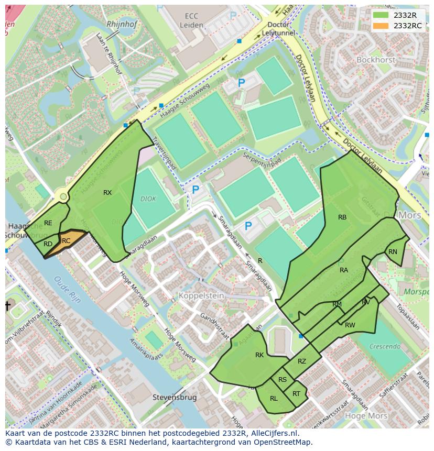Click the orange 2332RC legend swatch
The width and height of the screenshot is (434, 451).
click(382, 26)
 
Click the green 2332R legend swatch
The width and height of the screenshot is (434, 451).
click(382, 15)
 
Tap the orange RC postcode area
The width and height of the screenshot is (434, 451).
click(67, 240)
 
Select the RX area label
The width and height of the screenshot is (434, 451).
click(107, 193)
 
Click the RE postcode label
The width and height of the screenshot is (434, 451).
click(48, 223)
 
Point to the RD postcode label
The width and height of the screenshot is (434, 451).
click(48, 244)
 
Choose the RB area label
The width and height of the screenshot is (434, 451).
click(342, 217)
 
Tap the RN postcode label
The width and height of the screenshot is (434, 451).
click(393, 252)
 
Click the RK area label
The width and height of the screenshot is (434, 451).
click(259, 355)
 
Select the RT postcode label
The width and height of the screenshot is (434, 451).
click(297, 394)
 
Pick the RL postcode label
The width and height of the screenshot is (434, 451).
click(274, 399)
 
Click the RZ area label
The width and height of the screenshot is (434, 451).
click(302, 361)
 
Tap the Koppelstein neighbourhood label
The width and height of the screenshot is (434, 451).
click(201, 296)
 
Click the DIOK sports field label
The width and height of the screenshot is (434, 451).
click(148, 199)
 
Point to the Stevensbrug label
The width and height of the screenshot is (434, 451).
click(175, 398)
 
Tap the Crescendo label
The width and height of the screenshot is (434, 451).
click(384, 346)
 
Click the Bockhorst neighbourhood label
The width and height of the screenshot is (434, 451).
click(375, 60)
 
